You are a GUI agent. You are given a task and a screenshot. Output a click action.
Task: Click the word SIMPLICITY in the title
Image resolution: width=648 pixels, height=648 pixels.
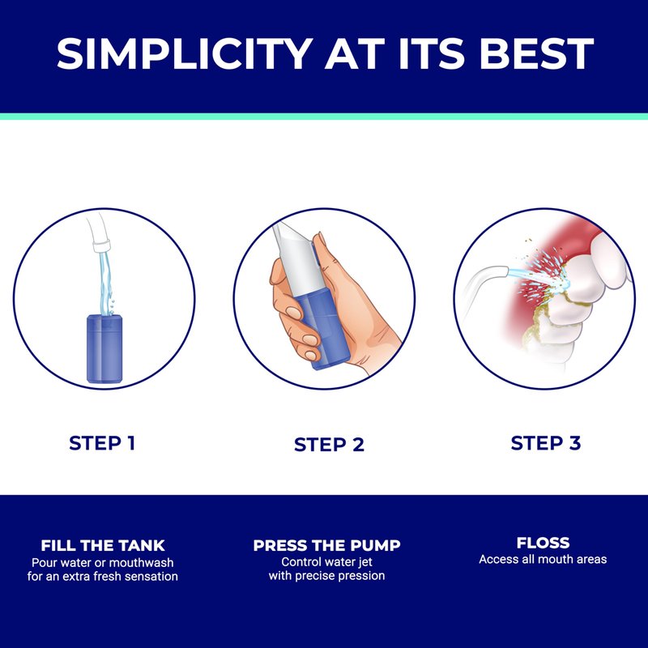pos(185,53)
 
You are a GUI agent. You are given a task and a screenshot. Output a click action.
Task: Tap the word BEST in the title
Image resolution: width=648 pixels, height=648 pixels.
pos(536,53)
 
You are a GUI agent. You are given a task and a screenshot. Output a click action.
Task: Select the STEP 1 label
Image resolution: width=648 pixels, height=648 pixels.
pos(102,443)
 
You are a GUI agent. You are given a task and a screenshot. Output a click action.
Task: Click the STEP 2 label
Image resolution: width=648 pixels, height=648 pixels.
pos(329,445)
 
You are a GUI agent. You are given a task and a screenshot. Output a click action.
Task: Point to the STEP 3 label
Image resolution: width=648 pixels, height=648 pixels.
pos(545,443)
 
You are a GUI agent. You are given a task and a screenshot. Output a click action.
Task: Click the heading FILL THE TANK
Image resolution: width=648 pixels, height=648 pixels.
pos(103,545)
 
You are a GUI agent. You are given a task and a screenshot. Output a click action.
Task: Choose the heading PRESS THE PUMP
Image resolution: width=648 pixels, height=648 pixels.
pos(327,545)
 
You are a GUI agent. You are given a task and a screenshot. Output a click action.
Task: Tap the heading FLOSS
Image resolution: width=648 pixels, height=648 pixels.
pos(543,543)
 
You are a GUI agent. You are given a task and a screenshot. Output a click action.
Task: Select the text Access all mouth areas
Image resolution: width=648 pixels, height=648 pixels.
pos(543,559)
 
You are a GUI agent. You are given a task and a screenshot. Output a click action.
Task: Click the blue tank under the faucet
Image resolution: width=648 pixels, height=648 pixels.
pos(104,349)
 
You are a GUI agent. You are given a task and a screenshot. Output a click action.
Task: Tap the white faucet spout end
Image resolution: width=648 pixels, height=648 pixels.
pos(101,246)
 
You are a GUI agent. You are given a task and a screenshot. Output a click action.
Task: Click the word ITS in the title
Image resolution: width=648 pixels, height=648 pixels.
pos(432,53)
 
